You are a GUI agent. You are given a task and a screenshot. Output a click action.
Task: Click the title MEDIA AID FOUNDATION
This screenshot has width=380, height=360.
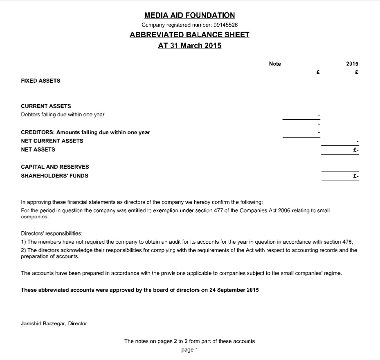pos(189,16)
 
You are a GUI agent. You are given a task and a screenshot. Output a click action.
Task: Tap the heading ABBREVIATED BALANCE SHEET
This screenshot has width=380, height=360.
pos(189,35)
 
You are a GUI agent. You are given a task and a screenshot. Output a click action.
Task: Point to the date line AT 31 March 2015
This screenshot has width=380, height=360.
pos(189,45)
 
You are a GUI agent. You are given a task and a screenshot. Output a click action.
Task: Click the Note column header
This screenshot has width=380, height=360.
pos(275,64)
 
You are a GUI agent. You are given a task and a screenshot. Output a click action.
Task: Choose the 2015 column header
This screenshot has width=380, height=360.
pos(352,64)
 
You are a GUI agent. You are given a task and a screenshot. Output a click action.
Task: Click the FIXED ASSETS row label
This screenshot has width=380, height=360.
pos(40,81)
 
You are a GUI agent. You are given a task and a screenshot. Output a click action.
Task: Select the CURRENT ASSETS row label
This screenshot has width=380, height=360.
pos(46,106)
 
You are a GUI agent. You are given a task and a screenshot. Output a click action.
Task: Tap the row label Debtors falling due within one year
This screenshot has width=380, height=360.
pos(63,115)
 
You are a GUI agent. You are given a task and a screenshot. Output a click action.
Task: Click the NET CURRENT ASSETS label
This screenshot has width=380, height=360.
pos(52,141)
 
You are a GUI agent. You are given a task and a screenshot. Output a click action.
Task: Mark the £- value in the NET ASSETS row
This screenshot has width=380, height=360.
pos(356,150)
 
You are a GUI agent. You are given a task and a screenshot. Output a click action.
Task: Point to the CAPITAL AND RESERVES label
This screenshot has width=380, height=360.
pos(55,167)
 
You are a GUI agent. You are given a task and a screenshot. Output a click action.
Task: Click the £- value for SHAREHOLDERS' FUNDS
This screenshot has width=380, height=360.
pos(356,176)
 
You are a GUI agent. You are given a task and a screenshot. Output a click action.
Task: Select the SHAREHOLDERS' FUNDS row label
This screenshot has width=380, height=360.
pos(54,176)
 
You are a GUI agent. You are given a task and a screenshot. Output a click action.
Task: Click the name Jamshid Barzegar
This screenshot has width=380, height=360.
pos(43,324)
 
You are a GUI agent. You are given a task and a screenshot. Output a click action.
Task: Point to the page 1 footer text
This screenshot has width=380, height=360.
pos(189,350)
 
